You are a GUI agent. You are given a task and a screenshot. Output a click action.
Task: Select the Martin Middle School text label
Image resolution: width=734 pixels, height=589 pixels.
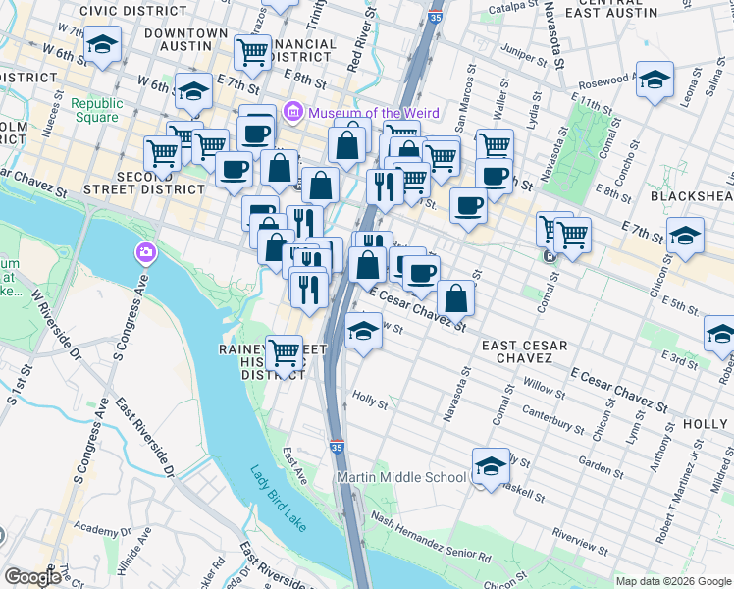[401, 477]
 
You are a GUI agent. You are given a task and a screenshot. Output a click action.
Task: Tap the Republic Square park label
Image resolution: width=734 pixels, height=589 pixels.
[96, 110]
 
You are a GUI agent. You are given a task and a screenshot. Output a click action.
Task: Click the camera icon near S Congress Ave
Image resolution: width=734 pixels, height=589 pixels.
[145, 254]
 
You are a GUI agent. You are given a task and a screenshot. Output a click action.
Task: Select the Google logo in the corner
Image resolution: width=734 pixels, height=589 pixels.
[32, 577]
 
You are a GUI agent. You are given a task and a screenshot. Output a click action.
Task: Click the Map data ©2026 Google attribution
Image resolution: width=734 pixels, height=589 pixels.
[673, 581]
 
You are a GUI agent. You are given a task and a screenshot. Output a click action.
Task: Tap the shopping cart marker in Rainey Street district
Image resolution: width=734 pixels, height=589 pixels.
[284, 351]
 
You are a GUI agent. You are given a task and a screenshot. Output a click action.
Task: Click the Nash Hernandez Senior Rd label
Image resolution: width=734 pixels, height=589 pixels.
[430, 542]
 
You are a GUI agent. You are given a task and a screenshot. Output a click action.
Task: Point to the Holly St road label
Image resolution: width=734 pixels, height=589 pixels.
[371, 402]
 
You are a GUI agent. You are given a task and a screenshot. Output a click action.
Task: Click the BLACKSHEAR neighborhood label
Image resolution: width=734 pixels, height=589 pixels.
[692, 196]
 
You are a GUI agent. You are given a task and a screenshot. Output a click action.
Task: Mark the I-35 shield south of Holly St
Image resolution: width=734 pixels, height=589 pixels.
[336, 446]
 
